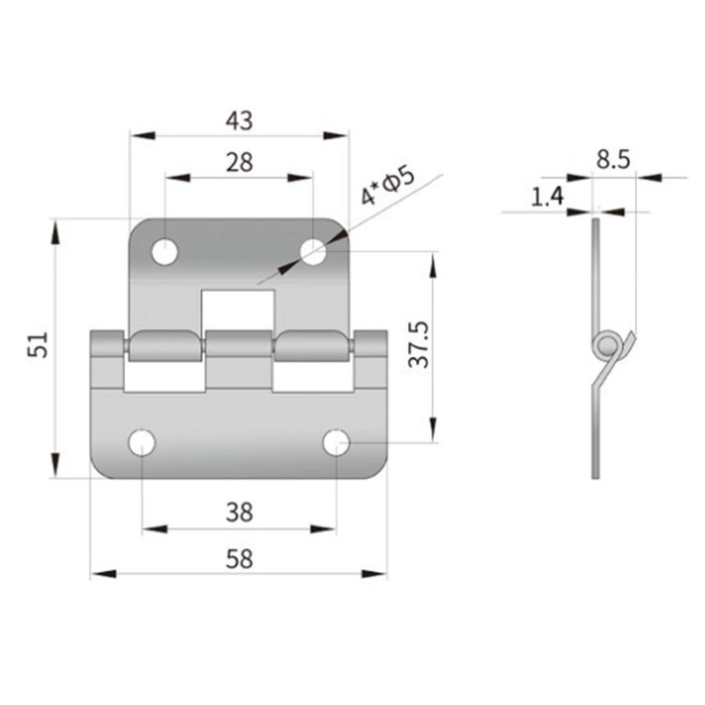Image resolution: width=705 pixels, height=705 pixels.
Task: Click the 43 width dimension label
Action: click(x=239, y=120)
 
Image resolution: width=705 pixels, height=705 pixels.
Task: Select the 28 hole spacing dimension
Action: click(x=239, y=162)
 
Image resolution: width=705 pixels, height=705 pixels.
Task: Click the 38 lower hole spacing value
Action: click(x=239, y=511)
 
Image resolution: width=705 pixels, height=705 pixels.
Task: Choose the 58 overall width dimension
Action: click(x=239, y=558)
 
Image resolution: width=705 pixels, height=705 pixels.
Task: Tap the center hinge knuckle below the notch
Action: click(x=240, y=345)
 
